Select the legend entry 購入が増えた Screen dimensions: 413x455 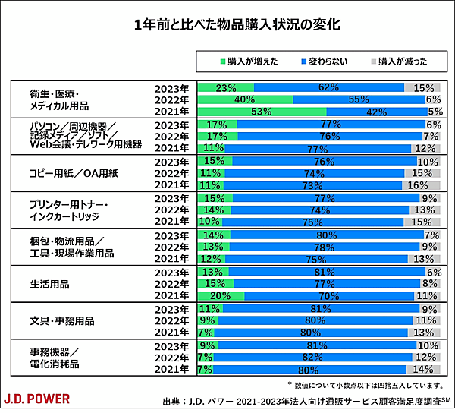coord(247,60)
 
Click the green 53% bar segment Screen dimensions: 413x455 coord(261,112)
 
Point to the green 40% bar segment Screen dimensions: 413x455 coord(244,99)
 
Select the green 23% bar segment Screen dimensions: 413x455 coord(225,87)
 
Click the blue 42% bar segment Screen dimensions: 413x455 coord(377,112)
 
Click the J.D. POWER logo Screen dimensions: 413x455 coord(37,398)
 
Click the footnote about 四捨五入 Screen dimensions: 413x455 coord(367,385)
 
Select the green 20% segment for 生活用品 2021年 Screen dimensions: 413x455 coord(221,295)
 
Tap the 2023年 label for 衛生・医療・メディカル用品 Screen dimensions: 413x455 coord(171,87)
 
